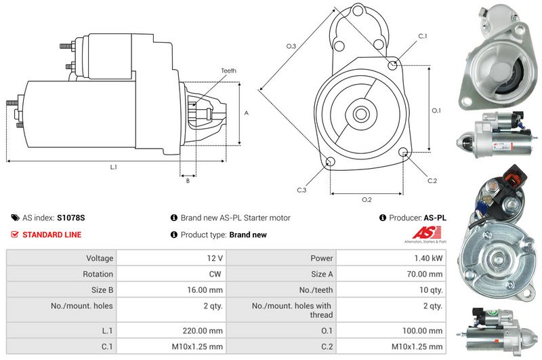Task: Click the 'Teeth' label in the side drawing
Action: tap(228, 71)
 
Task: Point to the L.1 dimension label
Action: tap(114, 167)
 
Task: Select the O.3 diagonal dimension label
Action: tap(291, 46)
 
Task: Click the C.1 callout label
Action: tap(423, 36)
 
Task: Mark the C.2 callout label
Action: tap(432, 180)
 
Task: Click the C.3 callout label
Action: tap(301, 191)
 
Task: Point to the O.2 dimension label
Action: tap(367, 199)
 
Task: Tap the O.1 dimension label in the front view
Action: tap(436, 110)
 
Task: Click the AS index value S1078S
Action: tap(71, 218)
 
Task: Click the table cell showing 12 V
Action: tap(215, 258)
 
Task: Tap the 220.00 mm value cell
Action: tap(206, 331)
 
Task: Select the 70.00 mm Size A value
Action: tap(426, 275)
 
